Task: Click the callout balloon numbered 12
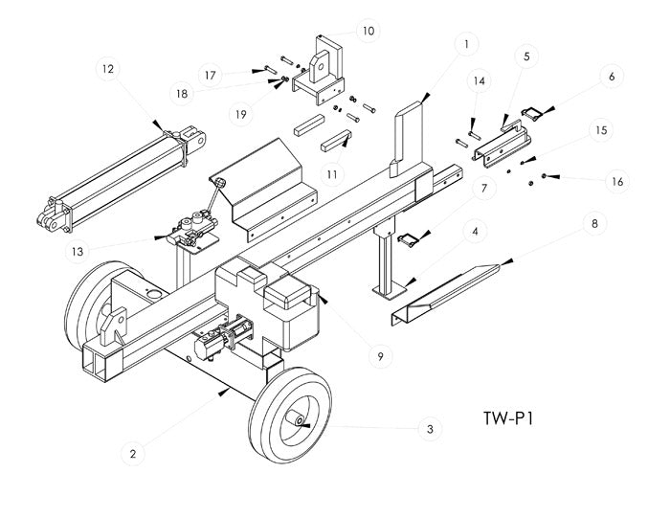coord(107,69)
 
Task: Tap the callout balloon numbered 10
coord(368,31)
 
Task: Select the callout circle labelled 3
coord(430,429)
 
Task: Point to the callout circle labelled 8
coord(594,223)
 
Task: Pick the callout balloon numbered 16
coord(617,182)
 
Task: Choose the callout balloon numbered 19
coord(240,114)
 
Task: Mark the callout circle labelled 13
coord(78,251)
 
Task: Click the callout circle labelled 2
coord(133,454)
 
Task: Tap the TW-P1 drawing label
coord(508,418)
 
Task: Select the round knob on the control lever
coord(221,183)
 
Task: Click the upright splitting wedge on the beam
coord(406,139)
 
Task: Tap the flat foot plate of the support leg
coord(389,292)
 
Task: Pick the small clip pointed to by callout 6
coord(532,113)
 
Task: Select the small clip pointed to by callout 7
coord(409,239)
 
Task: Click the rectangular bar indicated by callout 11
coord(336,142)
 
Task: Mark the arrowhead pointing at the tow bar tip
coord(506,261)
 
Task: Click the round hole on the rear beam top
coord(153,294)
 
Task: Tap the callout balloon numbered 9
coord(380,356)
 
